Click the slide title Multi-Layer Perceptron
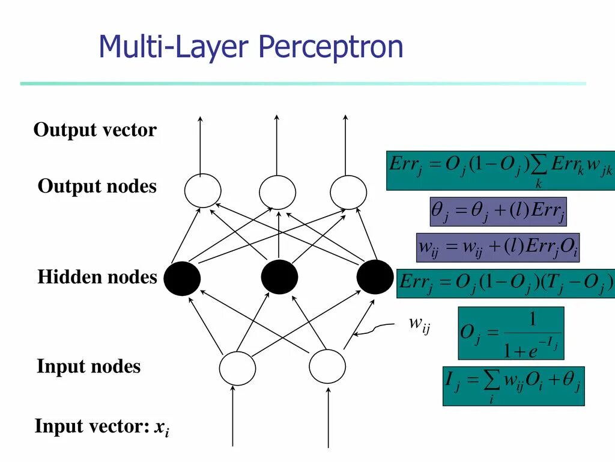point(250,46)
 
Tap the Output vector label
point(95,130)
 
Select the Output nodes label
point(97,186)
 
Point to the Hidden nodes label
point(97,277)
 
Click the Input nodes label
point(89,366)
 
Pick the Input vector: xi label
point(101,428)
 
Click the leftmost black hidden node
point(182,279)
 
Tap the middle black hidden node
point(279,277)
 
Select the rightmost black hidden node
point(375,277)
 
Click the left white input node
point(237,368)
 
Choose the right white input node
point(327,366)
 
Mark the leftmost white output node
point(202,191)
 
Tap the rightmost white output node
point(348,191)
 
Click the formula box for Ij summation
point(514,386)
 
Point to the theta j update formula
point(498,211)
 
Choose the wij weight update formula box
point(498,247)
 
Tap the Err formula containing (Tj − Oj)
point(506,283)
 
